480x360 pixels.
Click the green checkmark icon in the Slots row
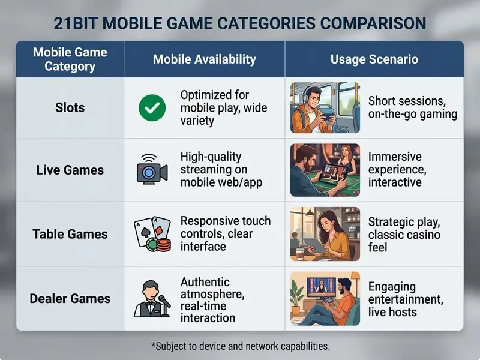tap(152, 108)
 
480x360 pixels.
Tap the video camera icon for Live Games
tap(152, 169)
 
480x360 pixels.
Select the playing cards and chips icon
tap(152, 234)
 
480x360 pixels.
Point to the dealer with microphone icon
tap(152, 299)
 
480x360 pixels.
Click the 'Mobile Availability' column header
tap(204, 59)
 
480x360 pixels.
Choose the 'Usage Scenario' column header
tap(374, 59)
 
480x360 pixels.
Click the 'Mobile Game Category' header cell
tap(70, 59)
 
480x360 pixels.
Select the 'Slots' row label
tap(70, 108)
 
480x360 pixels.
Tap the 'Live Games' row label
tap(70, 170)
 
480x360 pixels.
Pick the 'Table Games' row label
tap(70, 234)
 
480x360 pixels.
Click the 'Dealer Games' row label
tap(70, 298)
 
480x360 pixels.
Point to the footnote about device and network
tap(241, 346)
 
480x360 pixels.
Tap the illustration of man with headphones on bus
tap(325, 108)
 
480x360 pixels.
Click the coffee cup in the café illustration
tap(300, 254)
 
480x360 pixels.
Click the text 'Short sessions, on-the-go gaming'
tap(413, 107)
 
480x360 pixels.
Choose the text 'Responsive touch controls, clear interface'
tap(226, 233)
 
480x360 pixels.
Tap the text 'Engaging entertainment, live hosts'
tap(406, 299)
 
